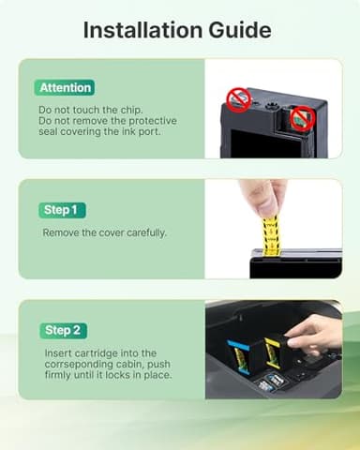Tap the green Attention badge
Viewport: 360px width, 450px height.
click(x=66, y=87)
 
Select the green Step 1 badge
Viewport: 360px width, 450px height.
click(x=59, y=210)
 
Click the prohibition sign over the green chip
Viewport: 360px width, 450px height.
click(x=300, y=117)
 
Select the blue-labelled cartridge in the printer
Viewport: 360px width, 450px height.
click(x=239, y=356)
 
